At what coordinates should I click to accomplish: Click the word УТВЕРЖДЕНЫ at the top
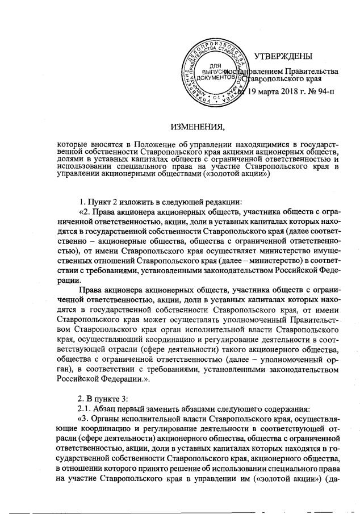tap(283, 56)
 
